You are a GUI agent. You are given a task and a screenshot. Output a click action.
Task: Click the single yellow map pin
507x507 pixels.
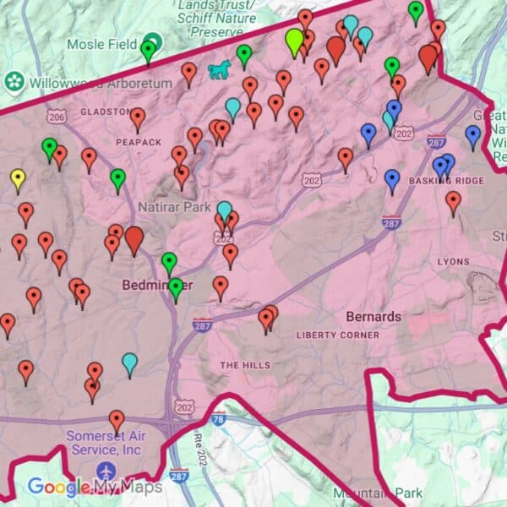tap(18, 179)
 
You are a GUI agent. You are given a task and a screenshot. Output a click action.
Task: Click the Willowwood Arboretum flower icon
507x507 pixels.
tap(14, 83)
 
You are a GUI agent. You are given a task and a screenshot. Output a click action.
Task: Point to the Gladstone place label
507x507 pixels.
tap(105, 112)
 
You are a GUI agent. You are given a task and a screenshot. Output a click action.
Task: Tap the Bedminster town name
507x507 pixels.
tap(152, 285)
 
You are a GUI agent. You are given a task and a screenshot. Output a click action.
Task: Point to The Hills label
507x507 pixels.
tap(245, 365)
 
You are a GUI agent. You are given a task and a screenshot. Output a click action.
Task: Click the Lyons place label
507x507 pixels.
tap(453, 262)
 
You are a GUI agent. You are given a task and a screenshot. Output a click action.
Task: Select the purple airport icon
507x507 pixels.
tap(106, 470)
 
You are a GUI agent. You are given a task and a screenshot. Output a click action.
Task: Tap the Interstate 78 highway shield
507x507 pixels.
tap(219, 418)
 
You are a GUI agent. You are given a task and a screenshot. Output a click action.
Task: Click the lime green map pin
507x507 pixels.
tap(294, 40)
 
